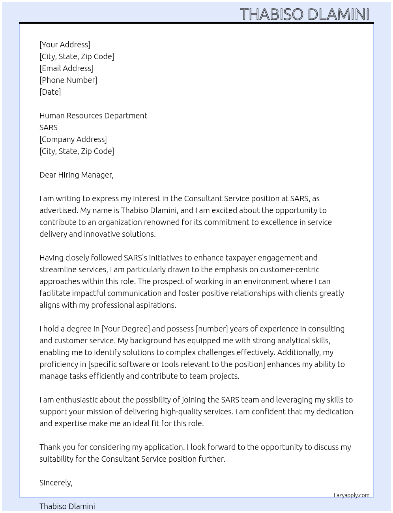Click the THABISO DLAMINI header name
304,14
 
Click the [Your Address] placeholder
65,45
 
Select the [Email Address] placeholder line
66,68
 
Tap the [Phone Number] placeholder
68,80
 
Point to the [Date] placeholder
50,92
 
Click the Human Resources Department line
93,116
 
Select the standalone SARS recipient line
49,127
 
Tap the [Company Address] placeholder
73,139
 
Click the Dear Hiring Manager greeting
77,175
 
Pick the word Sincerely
56,483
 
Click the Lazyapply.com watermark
352,495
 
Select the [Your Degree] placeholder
126,329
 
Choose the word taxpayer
241,258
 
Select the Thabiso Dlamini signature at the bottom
67,506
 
